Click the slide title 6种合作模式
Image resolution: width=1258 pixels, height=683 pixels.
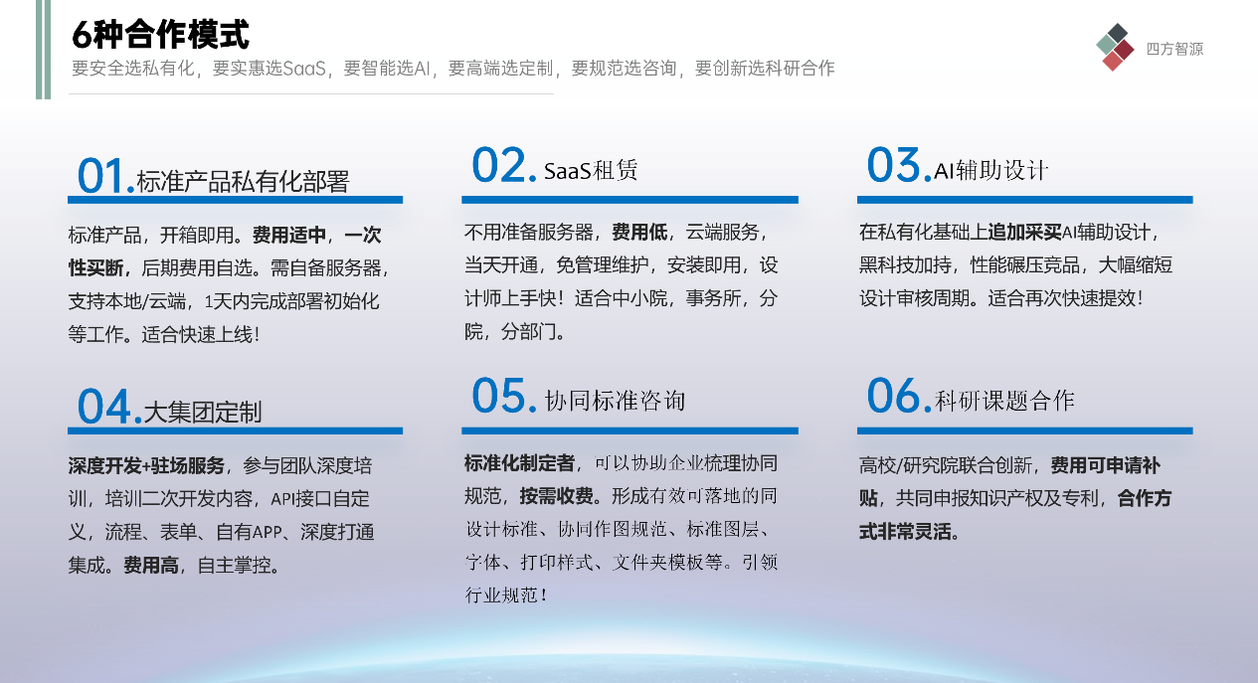point(160,34)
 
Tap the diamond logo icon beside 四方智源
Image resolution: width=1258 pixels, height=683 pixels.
point(1115,47)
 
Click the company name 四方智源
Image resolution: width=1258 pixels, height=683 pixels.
point(1174,49)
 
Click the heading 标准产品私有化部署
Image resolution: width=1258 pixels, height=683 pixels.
point(243,181)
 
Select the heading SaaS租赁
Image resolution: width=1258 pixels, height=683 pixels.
point(591,170)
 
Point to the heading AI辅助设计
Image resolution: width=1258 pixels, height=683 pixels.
point(991,170)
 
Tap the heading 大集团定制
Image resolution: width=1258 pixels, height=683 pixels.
point(203,412)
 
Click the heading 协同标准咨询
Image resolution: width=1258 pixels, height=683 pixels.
point(615,401)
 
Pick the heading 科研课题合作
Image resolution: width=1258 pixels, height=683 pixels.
point(1004,401)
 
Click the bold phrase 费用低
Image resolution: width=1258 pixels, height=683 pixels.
point(639,232)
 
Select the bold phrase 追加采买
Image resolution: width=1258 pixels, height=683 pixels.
point(1025,232)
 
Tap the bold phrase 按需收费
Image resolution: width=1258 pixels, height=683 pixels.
point(557,496)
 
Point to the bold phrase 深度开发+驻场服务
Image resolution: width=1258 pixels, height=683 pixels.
point(146,465)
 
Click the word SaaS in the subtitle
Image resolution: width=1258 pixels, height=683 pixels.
point(304,69)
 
